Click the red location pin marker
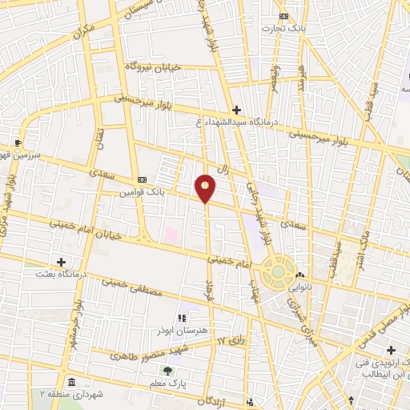206,187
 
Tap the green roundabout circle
277,271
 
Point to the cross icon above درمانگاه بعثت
61,261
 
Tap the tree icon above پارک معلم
167,370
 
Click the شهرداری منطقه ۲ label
71,393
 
